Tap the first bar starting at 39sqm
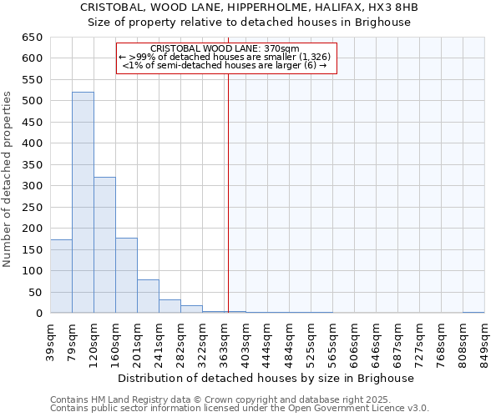pyautogui.click(x=61, y=276)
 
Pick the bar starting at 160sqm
pyautogui.click(x=126, y=275)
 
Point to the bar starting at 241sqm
pyautogui.click(x=170, y=306)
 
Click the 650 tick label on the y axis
pyautogui.click(x=32, y=38)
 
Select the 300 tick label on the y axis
pyautogui.click(x=32, y=186)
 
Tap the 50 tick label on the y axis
pyautogui.click(x=35, y=292)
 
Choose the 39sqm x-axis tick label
pyautogui.click(x=50, y=340)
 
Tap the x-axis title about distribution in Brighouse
pyautogui.click(x=266, y=378)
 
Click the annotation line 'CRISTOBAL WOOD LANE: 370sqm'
pyautogui.click(x=225, y=49)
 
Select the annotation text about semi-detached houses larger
pyautogui.click(x=225, y=65)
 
